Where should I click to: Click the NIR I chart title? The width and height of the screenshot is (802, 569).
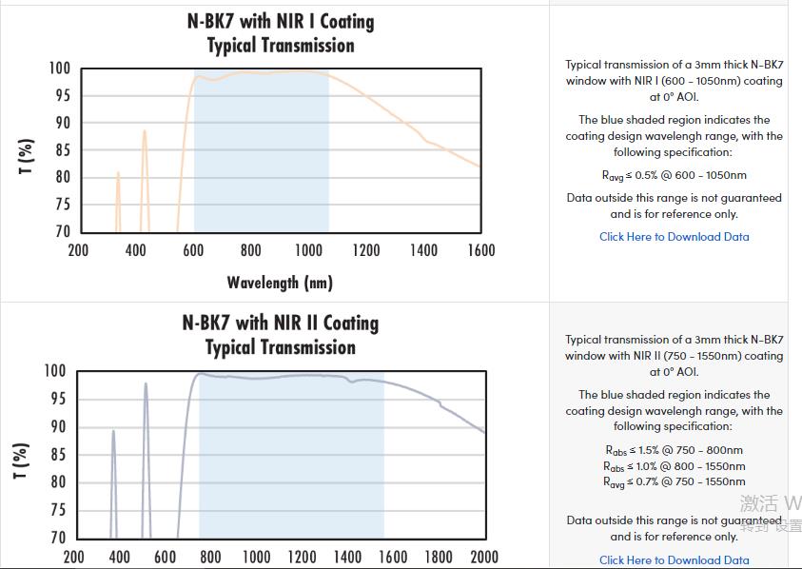pyautogui.click(x=281, y=32)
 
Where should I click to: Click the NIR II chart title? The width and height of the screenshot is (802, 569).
pyautogui.click(x=281, y=335)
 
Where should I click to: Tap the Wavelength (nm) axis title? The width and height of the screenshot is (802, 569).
pyautogui.click(x=280, y=282)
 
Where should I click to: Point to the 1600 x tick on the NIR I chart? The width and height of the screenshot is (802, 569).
pyautogui.click(x=481, y=250)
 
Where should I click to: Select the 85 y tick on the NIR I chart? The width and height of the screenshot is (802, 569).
pyautogui.click(x=61, y=150)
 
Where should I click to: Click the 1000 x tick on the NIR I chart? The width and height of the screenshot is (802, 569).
pyautogui.click(x=309, y=250)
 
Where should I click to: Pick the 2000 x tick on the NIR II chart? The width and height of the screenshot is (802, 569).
pyautogui.click(x=483, y=557)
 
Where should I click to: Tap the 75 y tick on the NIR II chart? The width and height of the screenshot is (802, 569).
pyautogui.click(x=56, y=510)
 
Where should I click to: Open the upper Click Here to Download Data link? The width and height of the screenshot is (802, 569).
pyautogui.click(x=674, y=237)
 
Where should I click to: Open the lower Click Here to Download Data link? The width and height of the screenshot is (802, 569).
pyautogui.click(x=674, y=560)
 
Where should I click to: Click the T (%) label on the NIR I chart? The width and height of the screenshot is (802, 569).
pyautogui.click(x=27, y=156)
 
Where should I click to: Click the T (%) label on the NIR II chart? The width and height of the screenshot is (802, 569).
pyautogui.click(x=21, y=460)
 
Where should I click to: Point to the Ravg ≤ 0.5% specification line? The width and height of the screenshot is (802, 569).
pyautogui.click(x=674, y=175)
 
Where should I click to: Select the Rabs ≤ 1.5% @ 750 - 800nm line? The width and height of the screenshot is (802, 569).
pyautogui.click(x=674, y=450)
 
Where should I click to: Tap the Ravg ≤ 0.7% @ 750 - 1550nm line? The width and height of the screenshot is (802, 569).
pyautogui.click(x=674, y=481)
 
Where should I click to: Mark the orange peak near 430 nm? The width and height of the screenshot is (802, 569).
pyautogui.click(x=145, y=133)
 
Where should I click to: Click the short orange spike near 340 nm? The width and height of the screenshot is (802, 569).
pyautogui.click(x=118, y=175)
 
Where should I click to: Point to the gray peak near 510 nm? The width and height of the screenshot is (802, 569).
pyautogui.click(x=146, y=385)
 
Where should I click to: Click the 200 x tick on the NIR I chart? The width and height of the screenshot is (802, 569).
pyautogui.click(x=78, y=250)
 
